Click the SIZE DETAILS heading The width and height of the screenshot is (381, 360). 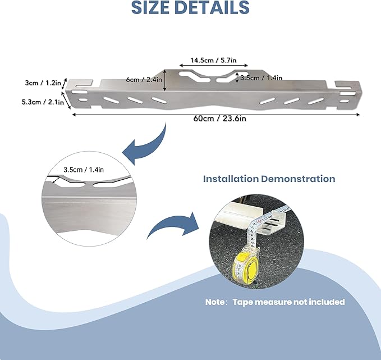click(190, 8)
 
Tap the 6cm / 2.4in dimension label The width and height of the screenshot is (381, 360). click(144, 80)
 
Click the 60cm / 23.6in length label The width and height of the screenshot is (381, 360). click(215, 119)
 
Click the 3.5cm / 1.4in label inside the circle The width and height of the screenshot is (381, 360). click(83, 168)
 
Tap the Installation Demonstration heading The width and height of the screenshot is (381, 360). click(269, 179)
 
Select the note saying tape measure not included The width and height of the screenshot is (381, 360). click(274, 302)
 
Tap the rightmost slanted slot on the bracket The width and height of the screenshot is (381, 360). click(318, 100)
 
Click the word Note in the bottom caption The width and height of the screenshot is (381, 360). click(215, 302)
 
